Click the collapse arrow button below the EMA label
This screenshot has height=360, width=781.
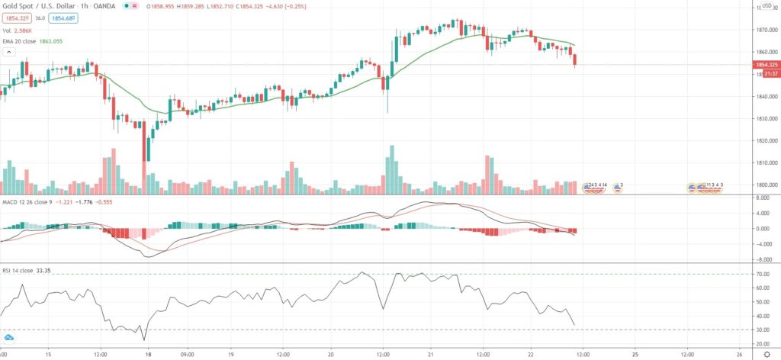click(9, 52)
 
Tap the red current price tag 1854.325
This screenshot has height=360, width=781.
click(762, 66)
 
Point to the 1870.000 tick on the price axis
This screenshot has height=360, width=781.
click(762, 30)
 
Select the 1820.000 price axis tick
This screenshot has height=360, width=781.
click(762, 141)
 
